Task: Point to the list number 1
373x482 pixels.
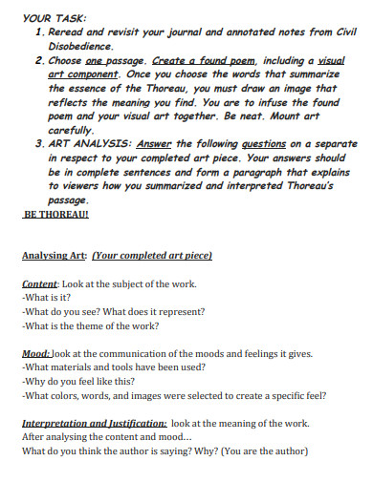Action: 37,31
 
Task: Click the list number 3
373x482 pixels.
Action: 37,144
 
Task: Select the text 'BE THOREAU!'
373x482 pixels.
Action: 55,215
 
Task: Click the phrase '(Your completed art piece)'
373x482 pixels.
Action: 152,256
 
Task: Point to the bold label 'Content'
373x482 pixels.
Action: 39,284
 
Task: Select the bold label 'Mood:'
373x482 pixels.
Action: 36,353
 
